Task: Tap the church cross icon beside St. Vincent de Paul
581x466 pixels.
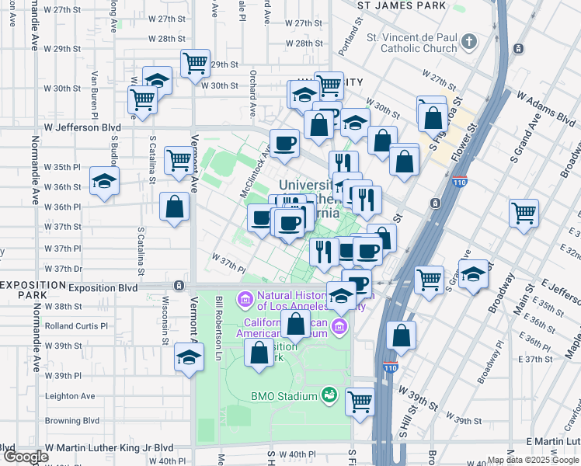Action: click(469, 40)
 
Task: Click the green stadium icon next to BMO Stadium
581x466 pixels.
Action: click(330, 395)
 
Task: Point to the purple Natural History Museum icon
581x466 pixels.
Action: click(245, 297)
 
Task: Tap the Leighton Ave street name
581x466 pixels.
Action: click(70, 395)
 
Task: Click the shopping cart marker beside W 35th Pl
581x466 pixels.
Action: click(179, 159)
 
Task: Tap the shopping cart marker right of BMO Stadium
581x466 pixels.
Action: click(360, 401)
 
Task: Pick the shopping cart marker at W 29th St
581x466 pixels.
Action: click(195, 63)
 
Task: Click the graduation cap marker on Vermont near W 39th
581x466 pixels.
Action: click(188, 359)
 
